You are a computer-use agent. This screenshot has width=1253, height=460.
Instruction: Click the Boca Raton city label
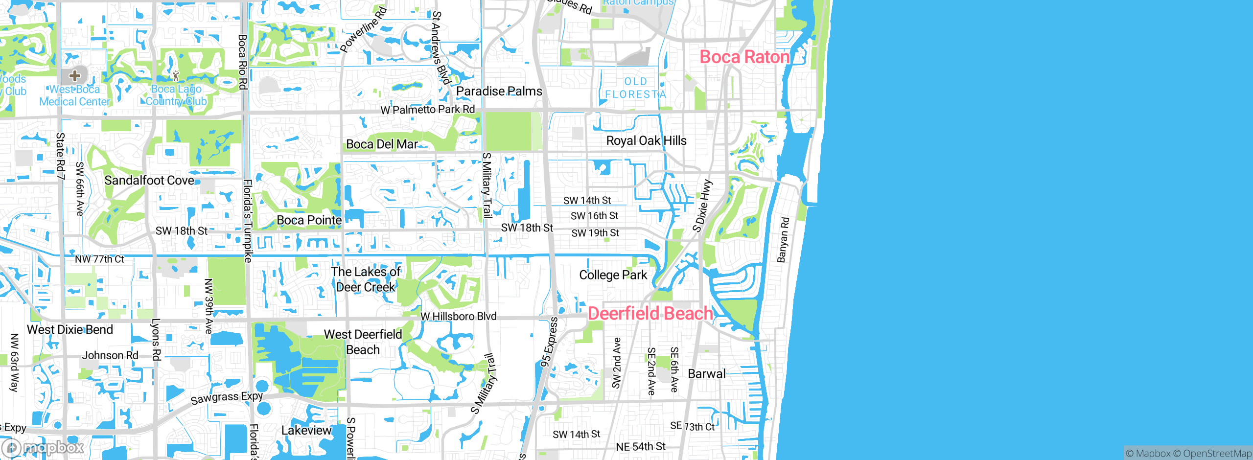[744, 57]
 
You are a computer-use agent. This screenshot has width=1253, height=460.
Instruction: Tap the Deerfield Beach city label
[650, 313]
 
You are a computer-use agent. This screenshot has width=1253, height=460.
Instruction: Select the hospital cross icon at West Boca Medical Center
[74, 75]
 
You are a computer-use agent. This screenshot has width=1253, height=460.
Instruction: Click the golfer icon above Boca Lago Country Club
[176, 76]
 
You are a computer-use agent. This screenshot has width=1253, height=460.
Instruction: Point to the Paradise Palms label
[499, 92]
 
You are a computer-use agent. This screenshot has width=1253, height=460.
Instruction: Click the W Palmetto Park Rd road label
[428, 110]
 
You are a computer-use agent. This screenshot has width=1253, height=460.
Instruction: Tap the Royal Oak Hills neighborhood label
[646, 141]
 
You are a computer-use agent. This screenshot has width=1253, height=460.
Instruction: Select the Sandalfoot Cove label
[149, 181]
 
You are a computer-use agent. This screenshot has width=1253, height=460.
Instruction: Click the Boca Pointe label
[309, 220]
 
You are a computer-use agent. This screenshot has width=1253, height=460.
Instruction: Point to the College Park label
[613, 275]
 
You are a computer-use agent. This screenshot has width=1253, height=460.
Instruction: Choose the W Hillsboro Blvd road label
[458, 317]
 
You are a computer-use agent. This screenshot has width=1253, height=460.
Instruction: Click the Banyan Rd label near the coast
[783, 240]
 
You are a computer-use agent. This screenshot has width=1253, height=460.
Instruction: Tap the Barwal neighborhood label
[706, 374]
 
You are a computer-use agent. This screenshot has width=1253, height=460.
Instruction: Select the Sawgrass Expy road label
[227, 398]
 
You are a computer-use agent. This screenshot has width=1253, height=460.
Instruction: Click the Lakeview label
[306, 431]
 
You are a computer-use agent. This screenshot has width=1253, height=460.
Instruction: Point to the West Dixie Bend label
[70, 330]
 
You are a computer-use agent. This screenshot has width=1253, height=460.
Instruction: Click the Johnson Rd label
[110, 355]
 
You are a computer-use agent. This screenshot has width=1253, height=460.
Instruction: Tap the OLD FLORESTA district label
[635, 88]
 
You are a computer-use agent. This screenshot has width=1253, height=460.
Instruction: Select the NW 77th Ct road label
[99, 259]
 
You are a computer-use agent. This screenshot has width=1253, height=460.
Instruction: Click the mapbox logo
[43, 448]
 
